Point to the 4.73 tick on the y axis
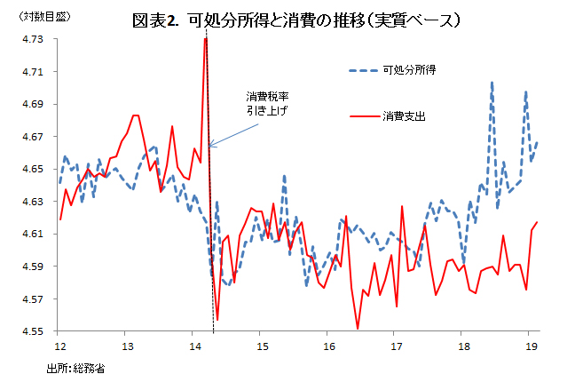tap(33, 39)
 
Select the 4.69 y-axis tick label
tap(33, 104)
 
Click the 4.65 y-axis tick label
tap(33, 169)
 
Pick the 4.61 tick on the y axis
tap(33, 234)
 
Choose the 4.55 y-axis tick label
tap(33, 331)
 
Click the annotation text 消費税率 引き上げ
tap(268, 103)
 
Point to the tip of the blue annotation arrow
tap(209, 147)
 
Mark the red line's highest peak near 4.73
tap(205, 39)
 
